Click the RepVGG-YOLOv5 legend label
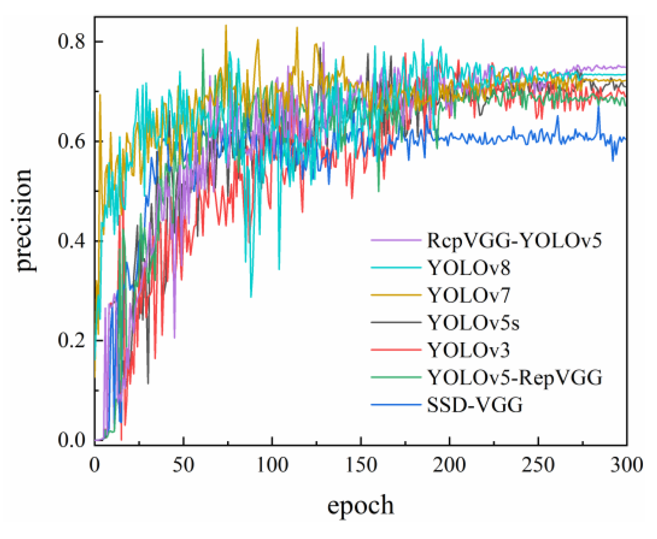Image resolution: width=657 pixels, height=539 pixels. (514, 240)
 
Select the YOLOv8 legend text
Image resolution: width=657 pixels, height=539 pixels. (469, 268)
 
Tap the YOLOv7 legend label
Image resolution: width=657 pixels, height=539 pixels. (469, 295)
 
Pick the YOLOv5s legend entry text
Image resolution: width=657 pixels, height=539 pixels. (473, 323)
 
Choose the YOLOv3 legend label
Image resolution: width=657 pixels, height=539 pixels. (468, 350)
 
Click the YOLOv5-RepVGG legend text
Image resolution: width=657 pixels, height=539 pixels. (515, 378)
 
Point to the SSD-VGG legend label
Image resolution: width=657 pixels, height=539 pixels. (475, 405)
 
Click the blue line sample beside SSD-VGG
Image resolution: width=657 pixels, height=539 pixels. (396, 405)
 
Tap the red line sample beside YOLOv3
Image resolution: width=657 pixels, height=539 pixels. (396, 350)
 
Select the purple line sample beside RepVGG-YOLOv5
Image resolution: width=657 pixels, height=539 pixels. (396, 240)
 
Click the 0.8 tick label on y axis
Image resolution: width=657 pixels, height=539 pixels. (72, 41)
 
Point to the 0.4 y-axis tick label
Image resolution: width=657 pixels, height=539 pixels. (72, 241)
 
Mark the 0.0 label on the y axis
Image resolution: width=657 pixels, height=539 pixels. (72, 440)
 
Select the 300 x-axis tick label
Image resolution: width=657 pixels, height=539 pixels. (626, 465)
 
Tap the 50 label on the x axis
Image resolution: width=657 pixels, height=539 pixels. (183, 465)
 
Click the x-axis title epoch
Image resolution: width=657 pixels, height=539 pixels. (360, 505)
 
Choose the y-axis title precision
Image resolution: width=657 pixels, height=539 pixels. (24, 220)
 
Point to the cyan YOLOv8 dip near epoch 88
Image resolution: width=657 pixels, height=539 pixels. (251, 296)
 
